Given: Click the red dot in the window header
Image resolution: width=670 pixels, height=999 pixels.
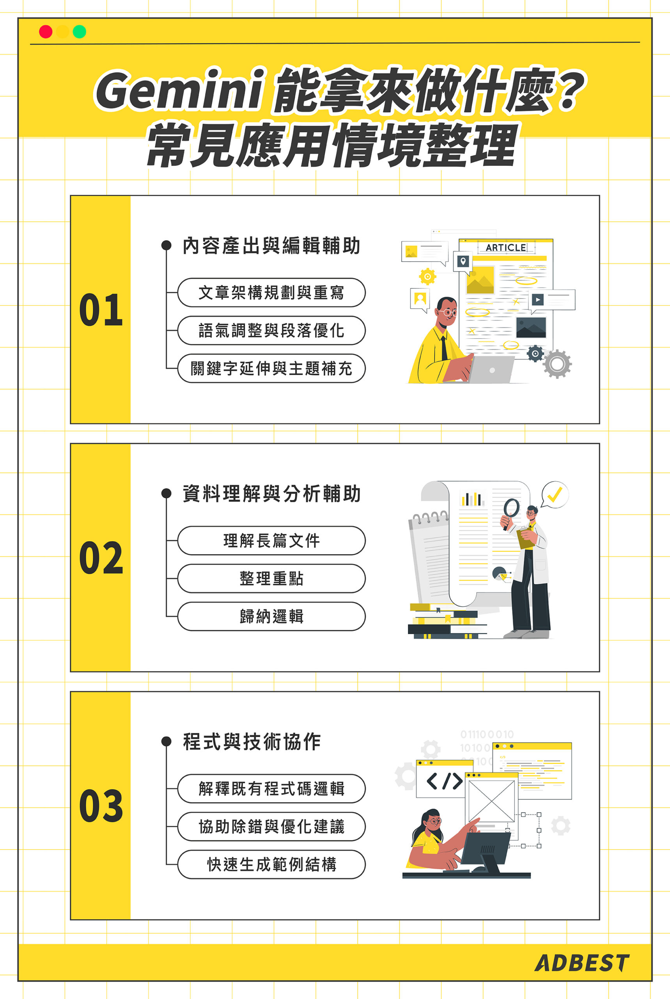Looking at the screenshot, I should (46, 32).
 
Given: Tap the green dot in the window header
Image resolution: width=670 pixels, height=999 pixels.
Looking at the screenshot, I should (80, 32).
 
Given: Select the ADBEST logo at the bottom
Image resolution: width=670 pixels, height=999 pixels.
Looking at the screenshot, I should (581, 963).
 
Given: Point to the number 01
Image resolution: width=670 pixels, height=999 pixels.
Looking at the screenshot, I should (101, 310).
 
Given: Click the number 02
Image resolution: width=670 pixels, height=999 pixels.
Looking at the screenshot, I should (101, 558).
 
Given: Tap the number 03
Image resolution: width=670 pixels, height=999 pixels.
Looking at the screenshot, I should (101, 806).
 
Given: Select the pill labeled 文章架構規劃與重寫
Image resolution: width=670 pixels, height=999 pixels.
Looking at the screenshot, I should (271, 293).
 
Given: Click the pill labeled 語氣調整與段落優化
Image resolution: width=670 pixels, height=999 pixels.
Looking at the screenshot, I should (271, 331).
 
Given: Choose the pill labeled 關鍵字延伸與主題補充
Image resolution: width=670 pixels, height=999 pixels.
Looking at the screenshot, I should (271, 368).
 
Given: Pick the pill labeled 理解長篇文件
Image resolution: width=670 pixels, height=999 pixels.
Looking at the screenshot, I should (271, 541).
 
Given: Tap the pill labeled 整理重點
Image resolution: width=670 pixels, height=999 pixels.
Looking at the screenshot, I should (271, 578).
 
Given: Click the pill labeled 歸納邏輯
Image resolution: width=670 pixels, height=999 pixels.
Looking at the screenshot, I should (271, 617).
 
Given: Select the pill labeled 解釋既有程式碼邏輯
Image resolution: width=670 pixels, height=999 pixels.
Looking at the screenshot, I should (271, 789).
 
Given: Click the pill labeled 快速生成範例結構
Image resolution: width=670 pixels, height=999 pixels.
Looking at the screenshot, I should (271, 864).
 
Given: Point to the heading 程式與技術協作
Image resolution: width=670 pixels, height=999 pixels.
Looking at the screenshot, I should (252, 742).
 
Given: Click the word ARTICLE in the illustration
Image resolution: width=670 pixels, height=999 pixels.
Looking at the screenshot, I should (505, 247).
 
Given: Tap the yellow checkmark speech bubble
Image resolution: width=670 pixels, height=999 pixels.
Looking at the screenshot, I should (555, 495).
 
